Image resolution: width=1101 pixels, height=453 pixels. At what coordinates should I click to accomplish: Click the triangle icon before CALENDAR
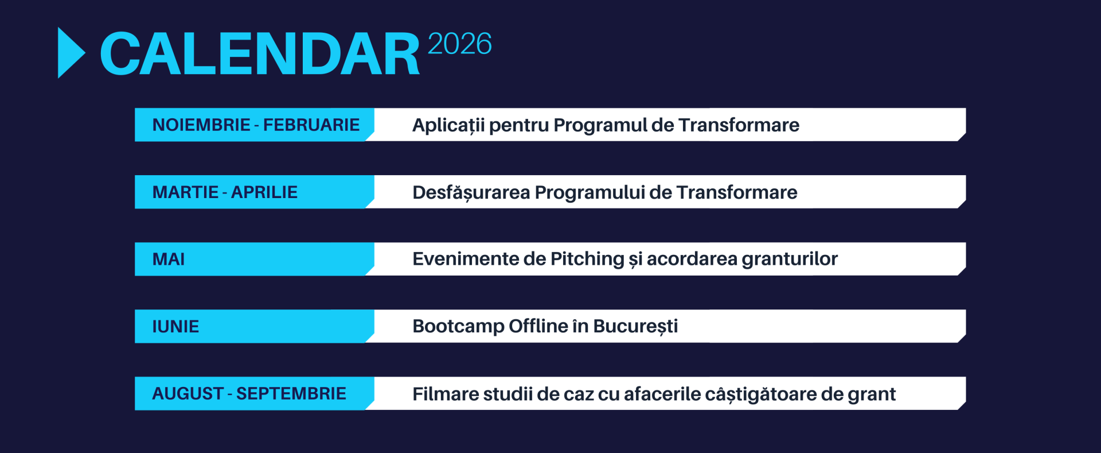(70, 53)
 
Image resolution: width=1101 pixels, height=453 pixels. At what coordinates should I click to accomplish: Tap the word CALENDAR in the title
(260, 54)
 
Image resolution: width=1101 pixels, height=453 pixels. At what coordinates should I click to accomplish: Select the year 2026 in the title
(459, 44)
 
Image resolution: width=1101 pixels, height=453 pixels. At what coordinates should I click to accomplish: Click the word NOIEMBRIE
(201, 125)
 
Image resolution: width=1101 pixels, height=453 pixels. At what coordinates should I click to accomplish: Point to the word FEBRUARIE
(311, 125)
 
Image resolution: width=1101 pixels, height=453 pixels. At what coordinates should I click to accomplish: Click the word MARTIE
(186, 192)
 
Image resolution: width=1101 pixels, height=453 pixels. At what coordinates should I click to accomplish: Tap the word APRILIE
(264, 192)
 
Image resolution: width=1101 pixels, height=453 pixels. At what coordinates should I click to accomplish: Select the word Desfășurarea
(471, 192)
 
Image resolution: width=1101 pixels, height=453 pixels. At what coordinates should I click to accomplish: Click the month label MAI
(169, 259)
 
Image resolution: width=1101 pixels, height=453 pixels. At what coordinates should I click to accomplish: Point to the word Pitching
(587, 260)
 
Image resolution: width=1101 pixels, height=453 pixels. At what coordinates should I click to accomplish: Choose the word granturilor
(790, 260)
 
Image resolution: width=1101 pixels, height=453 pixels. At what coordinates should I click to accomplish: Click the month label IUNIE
(175, 326)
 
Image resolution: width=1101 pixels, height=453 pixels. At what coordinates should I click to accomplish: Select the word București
(635, 327)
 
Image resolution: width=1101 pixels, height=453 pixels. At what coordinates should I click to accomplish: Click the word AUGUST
(188, 393)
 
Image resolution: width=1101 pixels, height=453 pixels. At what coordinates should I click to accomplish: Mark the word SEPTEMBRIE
(291, 393)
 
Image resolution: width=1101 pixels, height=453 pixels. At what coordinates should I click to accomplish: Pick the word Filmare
(446, 394)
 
